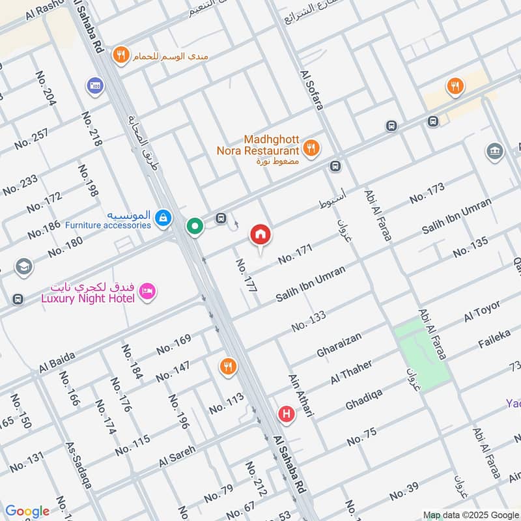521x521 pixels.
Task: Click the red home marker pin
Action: [x=260, y=235]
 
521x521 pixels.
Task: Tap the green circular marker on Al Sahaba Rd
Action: [x=194, y=226]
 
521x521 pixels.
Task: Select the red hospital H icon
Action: [x=285, y=414]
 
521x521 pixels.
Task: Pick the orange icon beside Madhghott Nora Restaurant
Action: [x=311, y=148]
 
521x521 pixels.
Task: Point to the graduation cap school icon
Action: [x=23, y=268]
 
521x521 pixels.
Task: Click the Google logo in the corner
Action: [x=27, y=511]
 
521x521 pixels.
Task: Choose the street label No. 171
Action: [x=295, y=254]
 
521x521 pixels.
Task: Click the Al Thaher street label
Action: [x=351, y=372]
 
